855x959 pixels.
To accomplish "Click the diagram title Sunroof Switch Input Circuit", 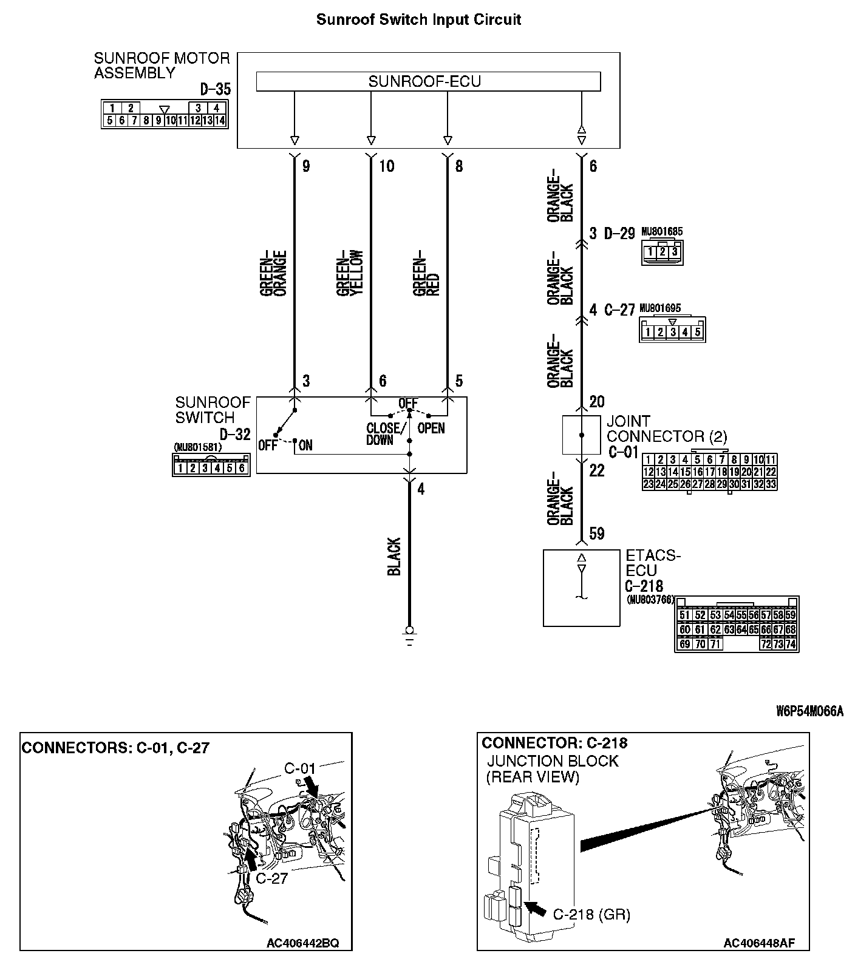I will (418, 19).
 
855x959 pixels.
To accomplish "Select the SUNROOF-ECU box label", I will (424, 81).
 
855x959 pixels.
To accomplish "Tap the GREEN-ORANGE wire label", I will (273, 273).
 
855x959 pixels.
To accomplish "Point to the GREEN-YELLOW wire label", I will (350, 273).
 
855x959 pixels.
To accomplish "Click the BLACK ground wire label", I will (394, 556).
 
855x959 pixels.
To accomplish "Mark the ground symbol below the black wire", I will (409, 635).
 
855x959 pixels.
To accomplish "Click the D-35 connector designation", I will (215, 90).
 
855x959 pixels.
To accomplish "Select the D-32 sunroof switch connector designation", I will (234, 435).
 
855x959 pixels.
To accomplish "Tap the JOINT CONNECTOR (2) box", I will (581, 435).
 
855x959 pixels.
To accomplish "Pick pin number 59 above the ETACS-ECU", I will (597, 534).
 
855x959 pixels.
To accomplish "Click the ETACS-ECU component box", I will (581, 587).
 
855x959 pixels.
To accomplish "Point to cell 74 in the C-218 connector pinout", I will (790, 644).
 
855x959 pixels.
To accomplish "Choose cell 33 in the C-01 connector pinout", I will (771, 484).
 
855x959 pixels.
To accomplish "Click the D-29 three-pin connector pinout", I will (662, 251).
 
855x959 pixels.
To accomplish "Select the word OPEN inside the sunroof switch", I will (431, 428).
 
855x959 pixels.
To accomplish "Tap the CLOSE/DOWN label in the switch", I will (383, 434).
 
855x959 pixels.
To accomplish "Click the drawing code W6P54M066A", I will (809, 711).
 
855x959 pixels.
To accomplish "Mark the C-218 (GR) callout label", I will (591, 914).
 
